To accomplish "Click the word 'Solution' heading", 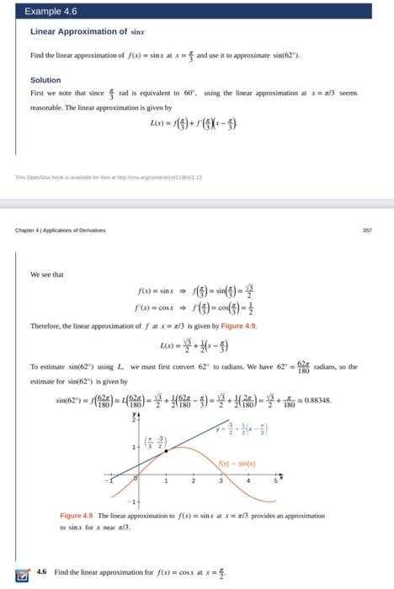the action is (45, 81).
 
